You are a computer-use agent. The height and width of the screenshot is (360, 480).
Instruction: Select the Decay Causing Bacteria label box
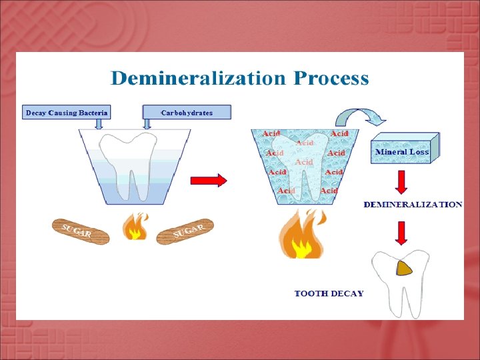pos(67,113)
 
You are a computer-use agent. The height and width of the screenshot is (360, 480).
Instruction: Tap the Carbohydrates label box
pos(187,113)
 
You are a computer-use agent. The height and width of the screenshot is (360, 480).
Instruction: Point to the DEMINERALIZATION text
pos(412,205)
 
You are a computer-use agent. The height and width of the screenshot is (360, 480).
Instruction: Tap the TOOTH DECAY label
pos(329,293)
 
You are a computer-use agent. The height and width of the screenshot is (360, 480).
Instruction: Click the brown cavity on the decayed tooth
pos(404,268)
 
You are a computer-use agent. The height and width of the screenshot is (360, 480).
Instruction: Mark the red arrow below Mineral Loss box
pos(402,181)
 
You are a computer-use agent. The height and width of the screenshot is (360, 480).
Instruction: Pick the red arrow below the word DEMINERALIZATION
pos(402,231)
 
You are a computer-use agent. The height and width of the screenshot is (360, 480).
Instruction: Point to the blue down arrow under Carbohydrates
pos(148,124)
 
